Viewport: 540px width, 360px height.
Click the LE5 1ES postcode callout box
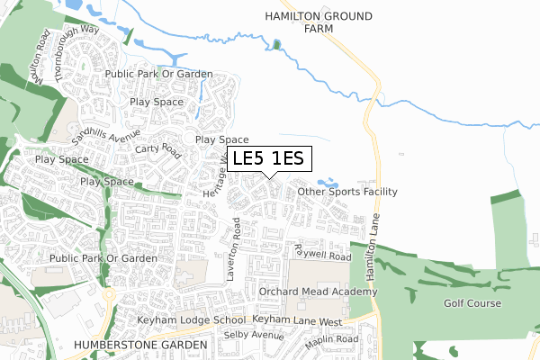[270, 159]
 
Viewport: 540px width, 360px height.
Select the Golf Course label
[472, 303]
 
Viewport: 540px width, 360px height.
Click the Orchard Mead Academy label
[316, 292]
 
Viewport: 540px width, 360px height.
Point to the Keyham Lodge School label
[191, 320]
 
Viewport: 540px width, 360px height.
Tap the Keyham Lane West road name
[297, 320]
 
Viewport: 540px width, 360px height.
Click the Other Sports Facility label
[346, 192]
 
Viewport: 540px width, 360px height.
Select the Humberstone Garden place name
[135, 345]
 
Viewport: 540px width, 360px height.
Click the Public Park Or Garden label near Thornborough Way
[158, 74]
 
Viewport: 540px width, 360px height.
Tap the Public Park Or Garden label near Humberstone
[103, 258]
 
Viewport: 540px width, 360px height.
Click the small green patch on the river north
[276, 45]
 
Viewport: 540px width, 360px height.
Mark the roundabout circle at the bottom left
[109, 294]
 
